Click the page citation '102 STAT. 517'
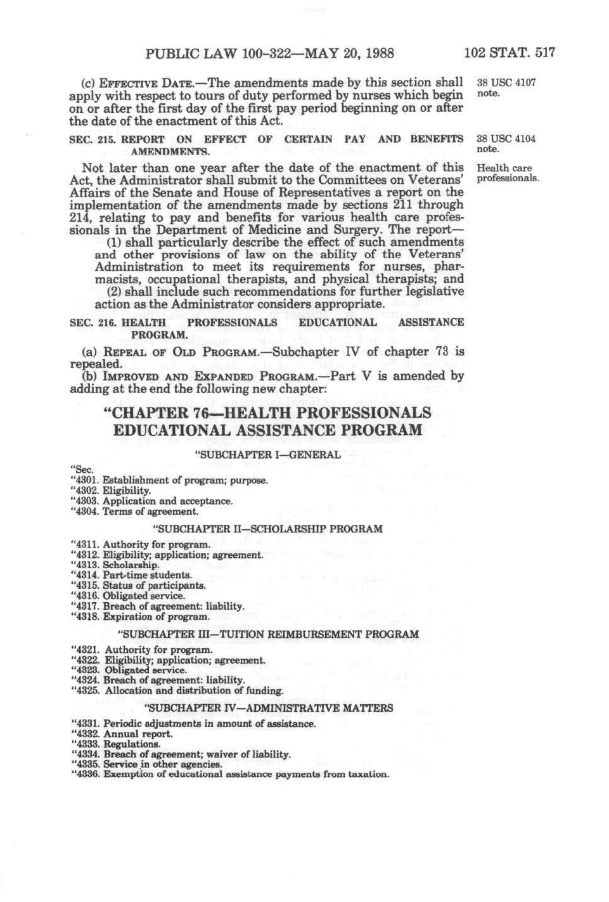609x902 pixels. point(509,53)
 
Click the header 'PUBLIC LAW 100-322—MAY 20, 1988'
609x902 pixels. point(269,53)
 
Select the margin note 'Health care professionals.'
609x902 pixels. point(508,173)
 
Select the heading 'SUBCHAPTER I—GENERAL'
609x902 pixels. point(267,454)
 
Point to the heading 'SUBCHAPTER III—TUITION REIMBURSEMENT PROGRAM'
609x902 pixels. point(269,634)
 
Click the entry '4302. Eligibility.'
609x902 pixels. point(111,491)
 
